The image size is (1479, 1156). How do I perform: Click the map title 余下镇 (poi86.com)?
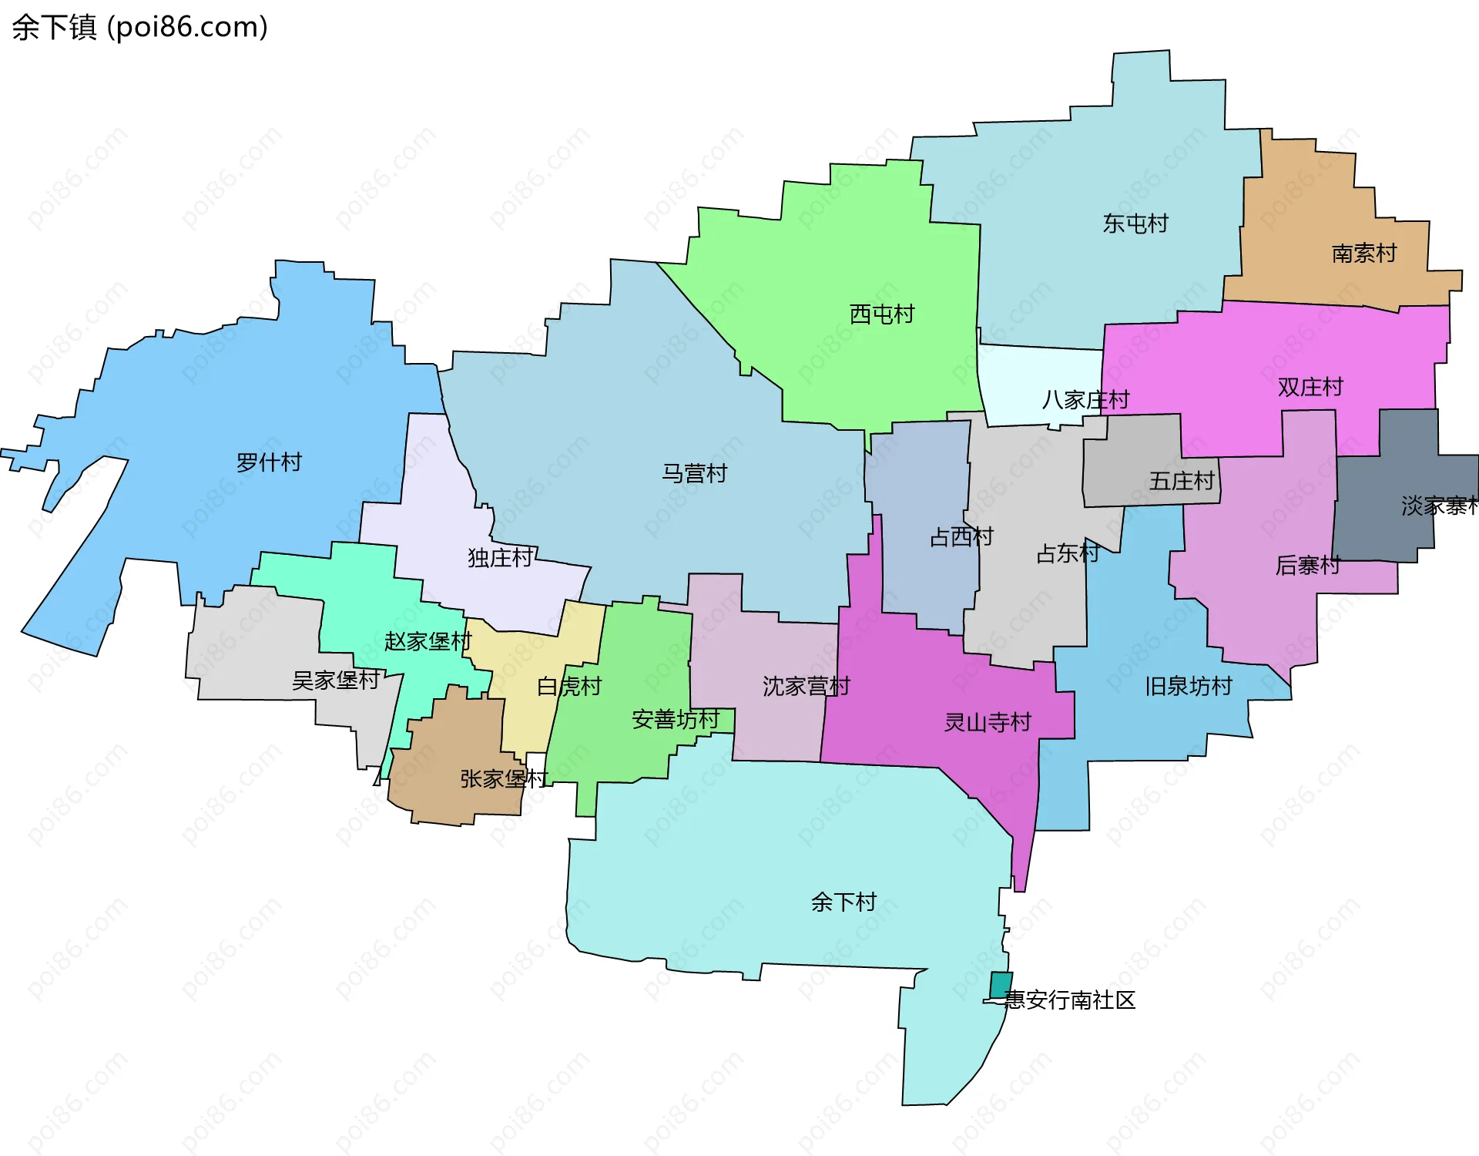pyautogui.click(x=139, y=27)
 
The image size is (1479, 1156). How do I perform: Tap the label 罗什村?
pyautogui.click(x=269, y=462)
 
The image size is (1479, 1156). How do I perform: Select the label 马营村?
pyautogui.click(x=694, y=473)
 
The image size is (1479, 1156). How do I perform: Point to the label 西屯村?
pyautogui.click(x=881, y=314)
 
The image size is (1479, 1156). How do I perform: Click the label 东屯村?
pyautogui.click(x=1135, y=223)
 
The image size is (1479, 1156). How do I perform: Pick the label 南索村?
pyautogui.click(x=1363, y=253)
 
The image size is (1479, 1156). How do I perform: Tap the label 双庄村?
pyautogui.click(x=1310, y=387)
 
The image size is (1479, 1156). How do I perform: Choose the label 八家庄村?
pyautogui.click(x=1085, y=399)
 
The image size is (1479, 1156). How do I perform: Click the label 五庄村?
pyautogui.click(x=1181, y=481)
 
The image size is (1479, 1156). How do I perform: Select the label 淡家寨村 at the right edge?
pyautogui.click(x=1438, y=506)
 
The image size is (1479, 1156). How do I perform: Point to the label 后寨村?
pyautogui.click(x=1307, y=565)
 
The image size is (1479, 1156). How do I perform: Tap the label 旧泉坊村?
pyautogui.click(x=1188, y=685)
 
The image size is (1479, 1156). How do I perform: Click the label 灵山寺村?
pyautogui.click(x=987, y=722)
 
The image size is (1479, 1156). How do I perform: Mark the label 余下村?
pyautogui.click(x=843, y=902)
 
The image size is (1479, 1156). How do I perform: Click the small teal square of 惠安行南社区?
pyautogui.click(x=1001, y=984)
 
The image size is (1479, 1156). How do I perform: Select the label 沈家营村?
pyautogui.click(x=806, y=685)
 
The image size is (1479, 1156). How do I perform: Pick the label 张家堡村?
pyautogui.click(x=504, y=778)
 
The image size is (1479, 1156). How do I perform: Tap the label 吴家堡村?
pyautogui.click(x=335, y=680)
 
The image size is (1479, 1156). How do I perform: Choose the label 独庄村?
pyautogui.click(x=500, y=557)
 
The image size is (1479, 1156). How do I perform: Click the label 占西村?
pyautogui.click(x=961, y=536)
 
